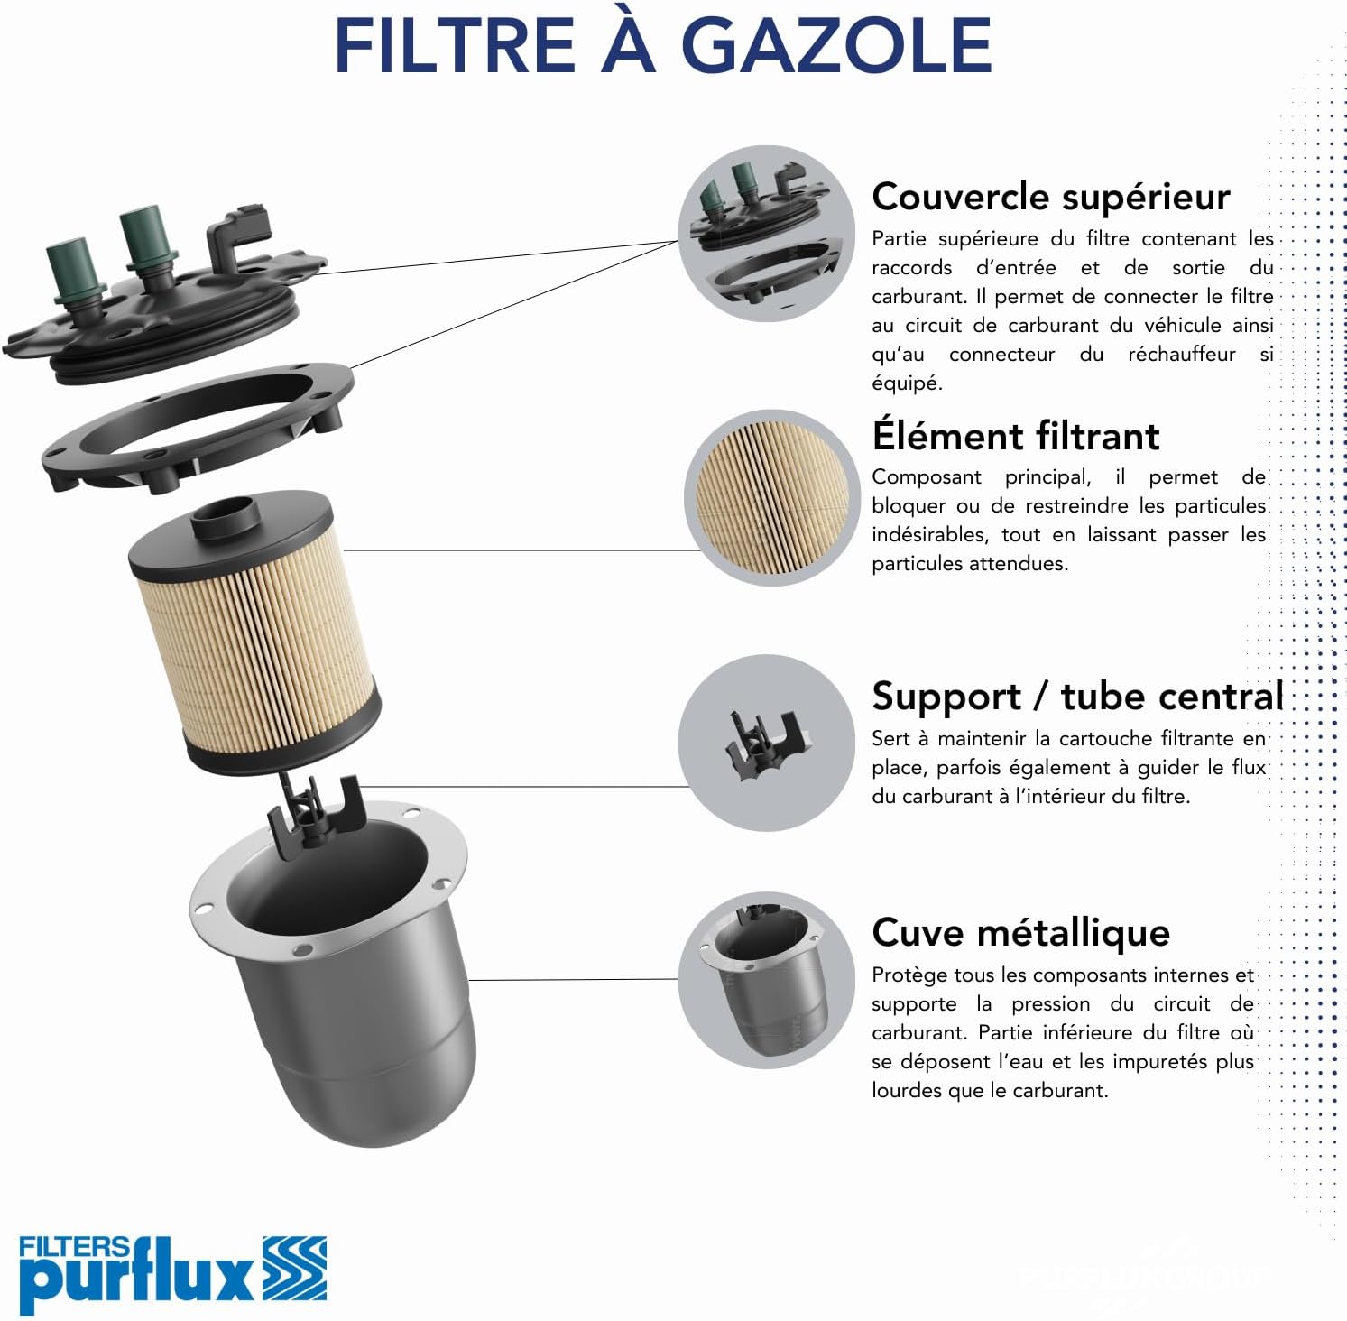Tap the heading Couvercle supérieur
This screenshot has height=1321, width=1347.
coord(1051,198)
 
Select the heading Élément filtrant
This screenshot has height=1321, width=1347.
coord(1015,435)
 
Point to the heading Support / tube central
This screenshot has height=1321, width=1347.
coord(1077,696)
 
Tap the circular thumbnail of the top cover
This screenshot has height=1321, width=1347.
coord(766,234)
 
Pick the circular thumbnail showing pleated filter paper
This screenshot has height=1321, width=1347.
coord(772,497)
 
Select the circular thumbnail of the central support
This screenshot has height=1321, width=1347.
coord(766,743)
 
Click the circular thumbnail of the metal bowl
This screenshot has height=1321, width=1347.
coord(766,981)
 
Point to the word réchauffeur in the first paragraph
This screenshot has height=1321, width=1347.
coord(1181,355)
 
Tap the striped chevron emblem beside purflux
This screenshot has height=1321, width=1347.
coord(295,1269)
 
